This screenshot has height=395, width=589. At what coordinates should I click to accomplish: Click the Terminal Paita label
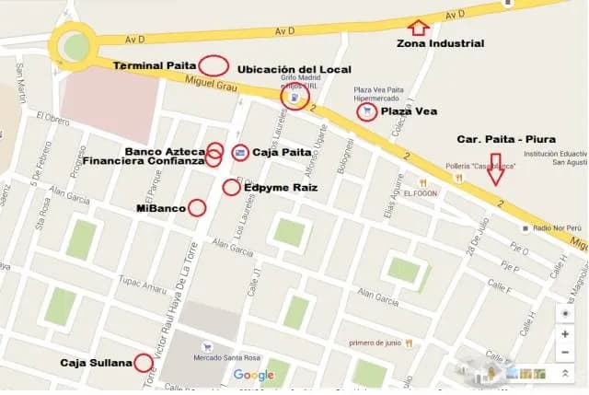(155, 66)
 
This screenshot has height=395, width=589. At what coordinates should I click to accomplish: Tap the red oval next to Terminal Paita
(214, 65)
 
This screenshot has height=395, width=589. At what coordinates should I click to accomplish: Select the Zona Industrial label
(440, 43)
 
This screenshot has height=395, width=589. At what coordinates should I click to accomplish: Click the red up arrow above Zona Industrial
(419, 27)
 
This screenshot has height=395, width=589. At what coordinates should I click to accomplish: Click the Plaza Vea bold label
(409, 111)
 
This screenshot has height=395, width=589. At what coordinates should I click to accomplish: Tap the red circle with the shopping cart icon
(367, 111)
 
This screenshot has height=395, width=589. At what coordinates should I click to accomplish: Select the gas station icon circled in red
(294, 97)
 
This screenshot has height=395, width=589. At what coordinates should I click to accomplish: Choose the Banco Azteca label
(165, 149)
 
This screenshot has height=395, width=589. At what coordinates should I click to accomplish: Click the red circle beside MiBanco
(197, 208)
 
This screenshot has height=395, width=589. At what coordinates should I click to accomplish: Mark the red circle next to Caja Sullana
(144, 362)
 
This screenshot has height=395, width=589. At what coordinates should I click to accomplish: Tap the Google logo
(254, 375)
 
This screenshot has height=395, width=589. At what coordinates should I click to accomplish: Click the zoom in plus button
(565, 332)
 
